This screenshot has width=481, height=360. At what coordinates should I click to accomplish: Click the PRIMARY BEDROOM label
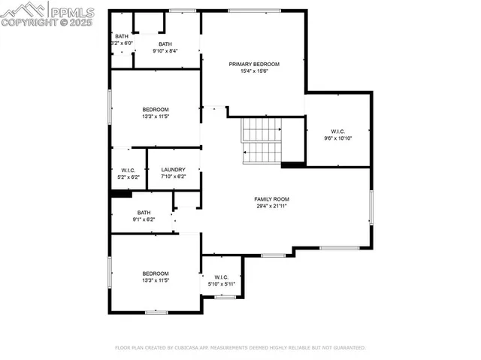point(254,65)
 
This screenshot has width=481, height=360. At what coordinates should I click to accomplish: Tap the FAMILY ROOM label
point(271,198)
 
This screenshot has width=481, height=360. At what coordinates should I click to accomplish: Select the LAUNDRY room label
point(173,170)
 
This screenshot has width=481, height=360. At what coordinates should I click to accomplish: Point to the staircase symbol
point(261,141)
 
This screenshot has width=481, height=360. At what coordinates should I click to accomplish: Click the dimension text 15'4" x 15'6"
point(254,72)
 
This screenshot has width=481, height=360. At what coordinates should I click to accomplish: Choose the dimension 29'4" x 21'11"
point(271,206)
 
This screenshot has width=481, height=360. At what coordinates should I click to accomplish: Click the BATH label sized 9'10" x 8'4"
point(165,44)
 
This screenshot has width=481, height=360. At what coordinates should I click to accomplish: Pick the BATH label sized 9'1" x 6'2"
point(144,213)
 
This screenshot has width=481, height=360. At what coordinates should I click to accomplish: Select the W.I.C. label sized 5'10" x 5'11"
point(221,277)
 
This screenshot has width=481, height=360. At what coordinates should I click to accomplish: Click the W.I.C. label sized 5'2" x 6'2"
point(128,170)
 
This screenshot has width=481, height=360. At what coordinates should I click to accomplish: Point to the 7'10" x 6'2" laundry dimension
point(173,177)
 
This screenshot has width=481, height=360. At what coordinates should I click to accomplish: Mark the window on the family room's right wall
point(371,207)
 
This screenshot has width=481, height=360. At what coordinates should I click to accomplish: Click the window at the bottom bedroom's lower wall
point(156,312)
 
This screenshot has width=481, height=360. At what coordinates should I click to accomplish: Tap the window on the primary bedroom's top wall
point(250,10)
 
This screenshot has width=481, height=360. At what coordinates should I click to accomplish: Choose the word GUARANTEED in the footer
point(349,348)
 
